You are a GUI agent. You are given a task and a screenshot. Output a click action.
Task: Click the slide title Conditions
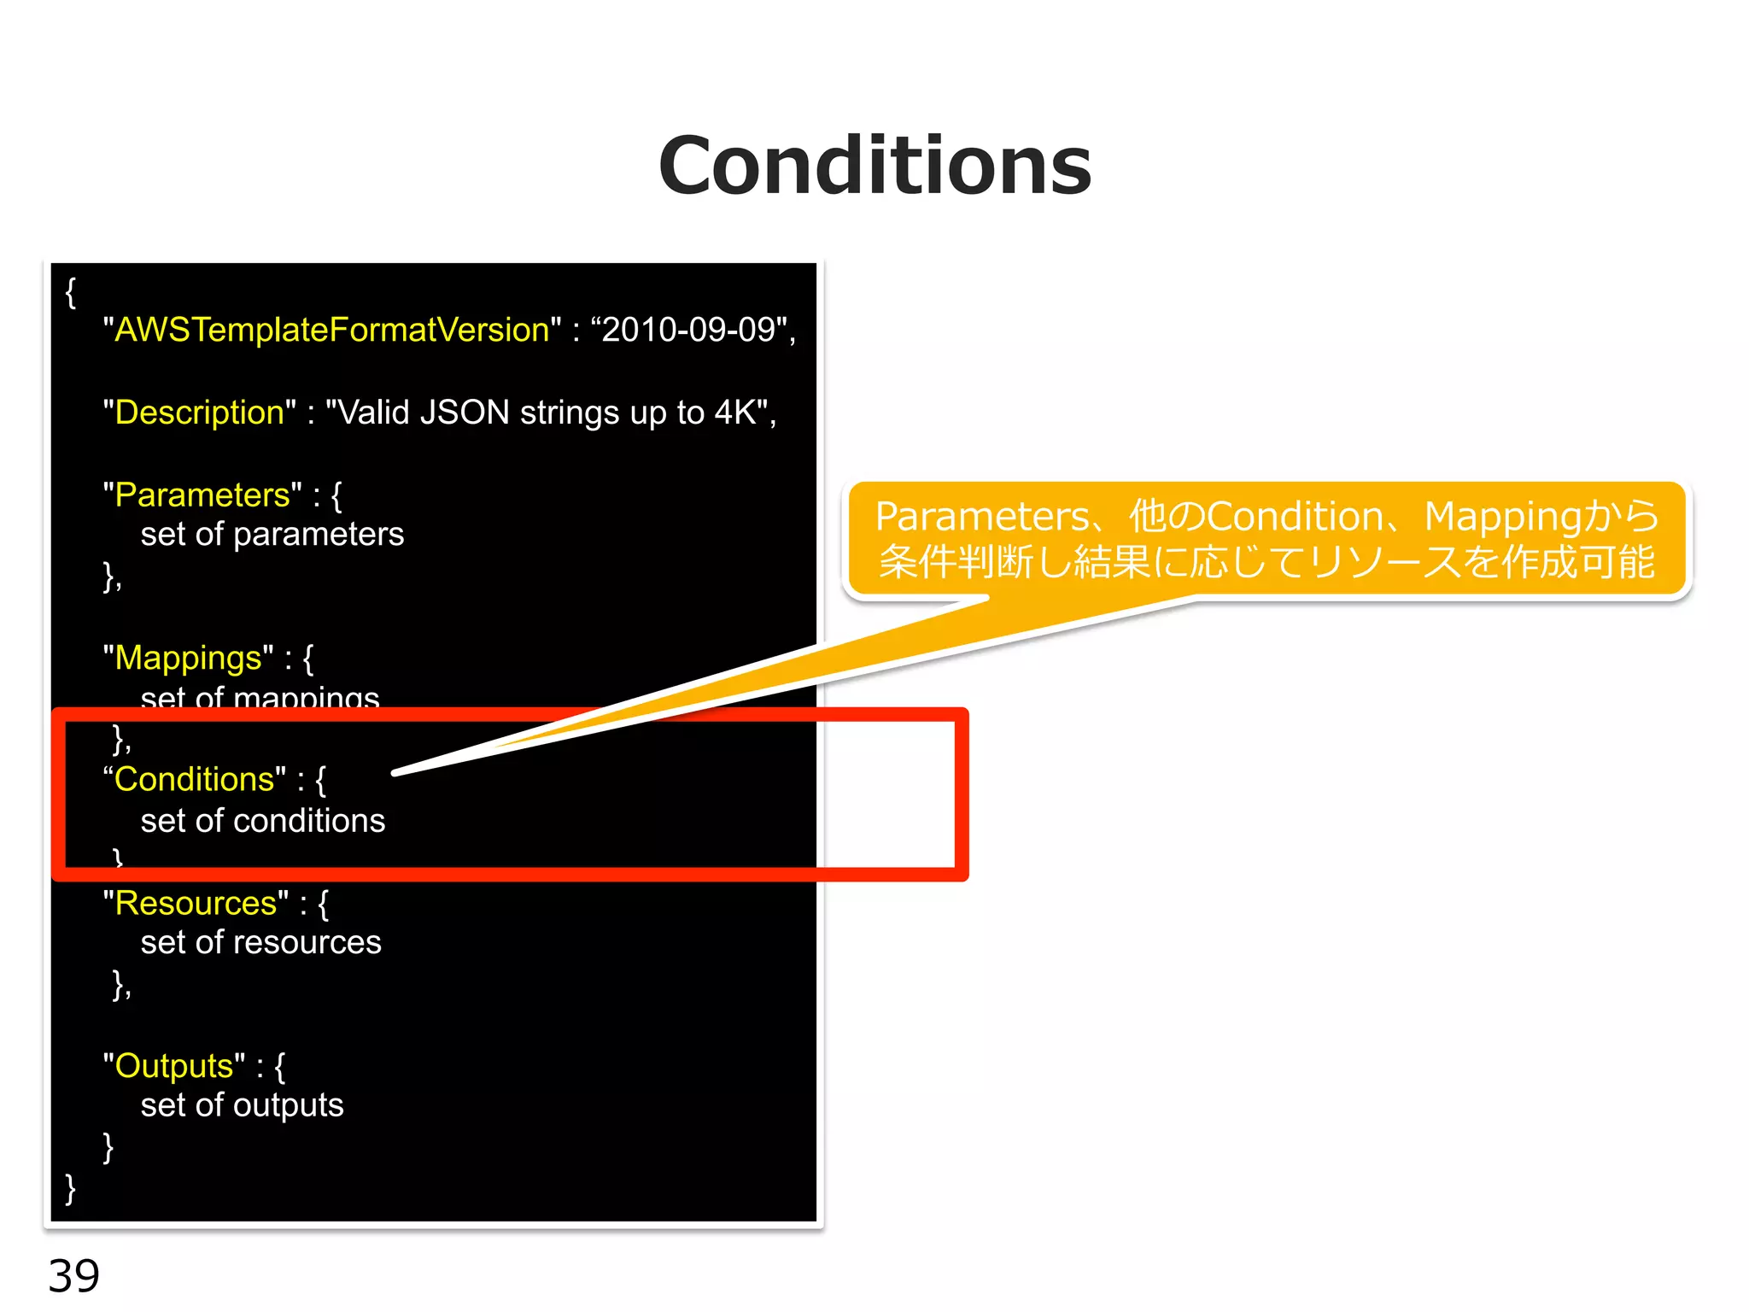[x=874, y=166]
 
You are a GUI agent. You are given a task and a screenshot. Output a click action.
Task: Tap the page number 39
[x=73, y=1276]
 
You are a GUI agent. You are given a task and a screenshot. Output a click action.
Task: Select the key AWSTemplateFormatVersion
[x=331, y=330]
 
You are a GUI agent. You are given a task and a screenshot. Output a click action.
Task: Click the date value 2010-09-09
[x=688, y=330]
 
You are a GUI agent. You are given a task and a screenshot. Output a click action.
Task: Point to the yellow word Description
[x=199, y=413]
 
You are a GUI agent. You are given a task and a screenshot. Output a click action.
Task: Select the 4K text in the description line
[x=734, y=413]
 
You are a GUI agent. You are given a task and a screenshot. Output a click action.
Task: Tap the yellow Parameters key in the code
[x=202, y=495]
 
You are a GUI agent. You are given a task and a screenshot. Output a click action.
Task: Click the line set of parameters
[x=272, y=535]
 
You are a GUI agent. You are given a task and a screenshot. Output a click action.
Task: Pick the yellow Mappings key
[x=188, y=659]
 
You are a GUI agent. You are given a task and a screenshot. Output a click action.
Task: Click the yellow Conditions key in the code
[x=194, y=780]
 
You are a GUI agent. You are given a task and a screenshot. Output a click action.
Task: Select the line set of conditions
[x=262, y=821]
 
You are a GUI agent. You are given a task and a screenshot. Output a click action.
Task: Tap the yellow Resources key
[x=196, y=904]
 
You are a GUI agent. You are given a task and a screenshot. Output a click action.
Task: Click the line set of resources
[x=260, y=943]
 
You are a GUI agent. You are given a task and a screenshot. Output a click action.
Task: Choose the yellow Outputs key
[x=173, y=1067]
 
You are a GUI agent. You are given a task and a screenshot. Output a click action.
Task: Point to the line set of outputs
[x=242, y=1106]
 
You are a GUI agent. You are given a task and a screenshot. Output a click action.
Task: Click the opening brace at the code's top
[x=71, y=293]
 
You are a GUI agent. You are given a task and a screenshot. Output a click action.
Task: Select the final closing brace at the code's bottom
[x=71, y=1188]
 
